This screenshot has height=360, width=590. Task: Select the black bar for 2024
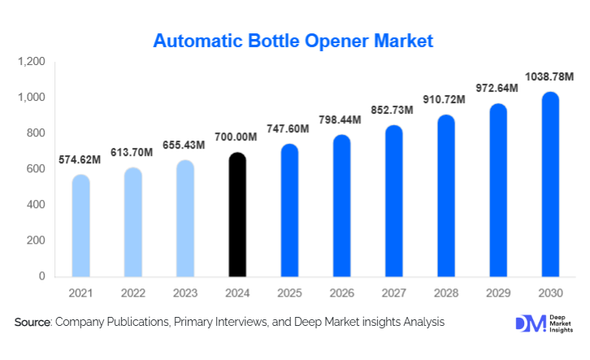[x=236, y=215]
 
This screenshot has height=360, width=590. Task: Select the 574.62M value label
[x=81, y=159]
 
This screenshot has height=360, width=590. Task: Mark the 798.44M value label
[x=341, y=119]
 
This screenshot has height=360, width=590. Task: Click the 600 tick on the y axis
[x=36, y=169]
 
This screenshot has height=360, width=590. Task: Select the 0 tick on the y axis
[x=42, y=276]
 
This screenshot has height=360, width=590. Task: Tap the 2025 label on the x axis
[x=289, y=293]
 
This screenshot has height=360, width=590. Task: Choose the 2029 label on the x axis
[x=497, y=293]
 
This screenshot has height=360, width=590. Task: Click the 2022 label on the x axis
[x=133, y=293]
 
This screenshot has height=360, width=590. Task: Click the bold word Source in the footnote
[x=33, y=323]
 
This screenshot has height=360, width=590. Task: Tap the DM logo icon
[x=530, y=323]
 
